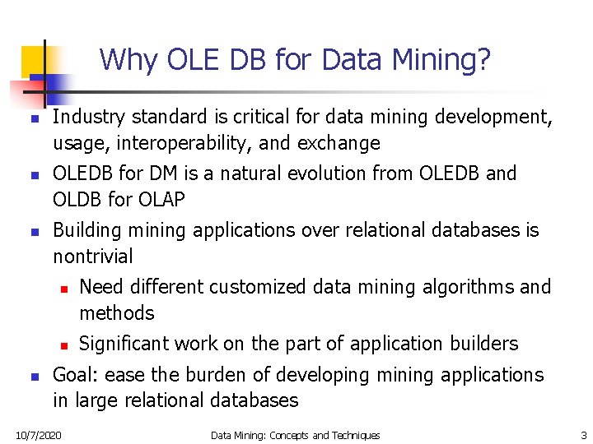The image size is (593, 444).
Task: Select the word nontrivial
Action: pos(92,257)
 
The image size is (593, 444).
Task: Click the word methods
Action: pos(117,313)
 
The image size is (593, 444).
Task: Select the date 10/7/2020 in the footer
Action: pos(38,435)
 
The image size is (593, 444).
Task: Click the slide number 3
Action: pos(583,435)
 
